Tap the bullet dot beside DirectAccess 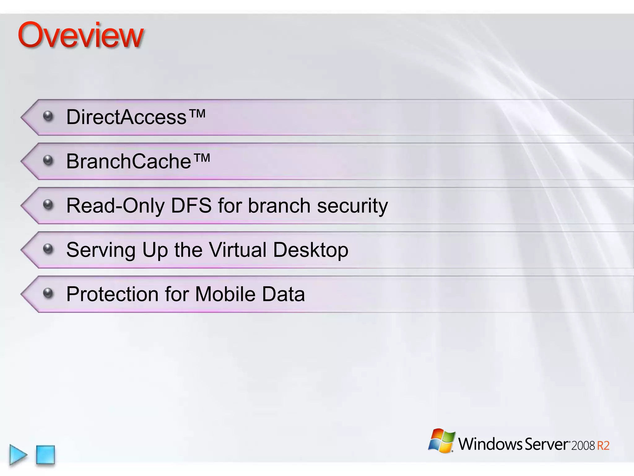48,116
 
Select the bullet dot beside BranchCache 48,160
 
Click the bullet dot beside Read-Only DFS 48,205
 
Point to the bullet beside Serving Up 48,249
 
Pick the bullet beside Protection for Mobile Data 48,293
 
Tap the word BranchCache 128,161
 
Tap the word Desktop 311,250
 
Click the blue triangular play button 18,455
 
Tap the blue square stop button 46,455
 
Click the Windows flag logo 442,441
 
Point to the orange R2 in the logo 603,446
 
